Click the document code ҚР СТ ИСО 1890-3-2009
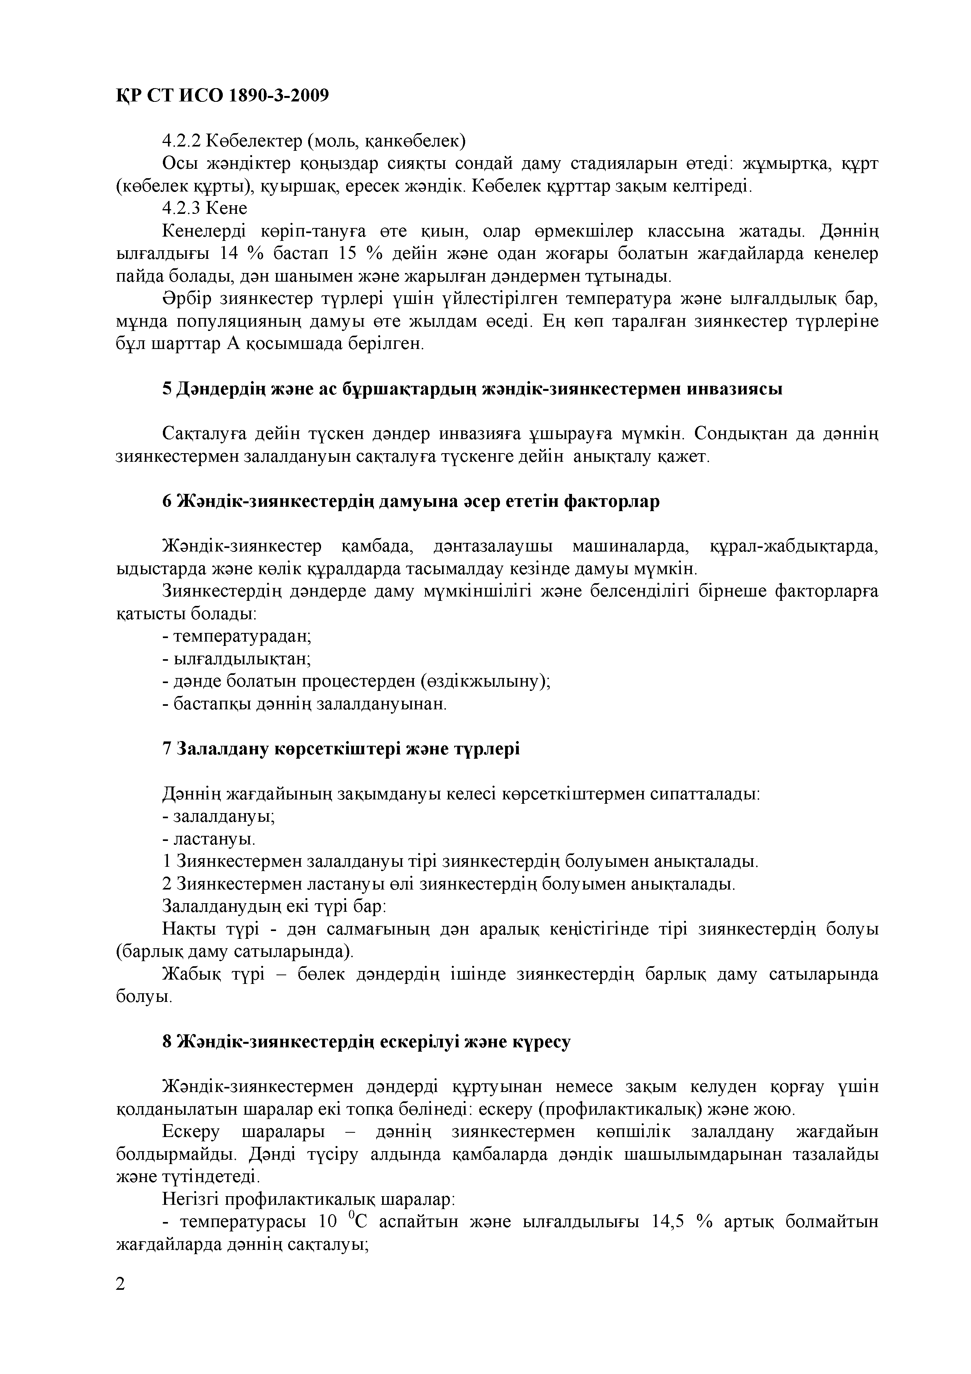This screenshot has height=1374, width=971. coord(222,96)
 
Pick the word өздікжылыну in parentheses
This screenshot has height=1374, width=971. coord(482,681)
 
